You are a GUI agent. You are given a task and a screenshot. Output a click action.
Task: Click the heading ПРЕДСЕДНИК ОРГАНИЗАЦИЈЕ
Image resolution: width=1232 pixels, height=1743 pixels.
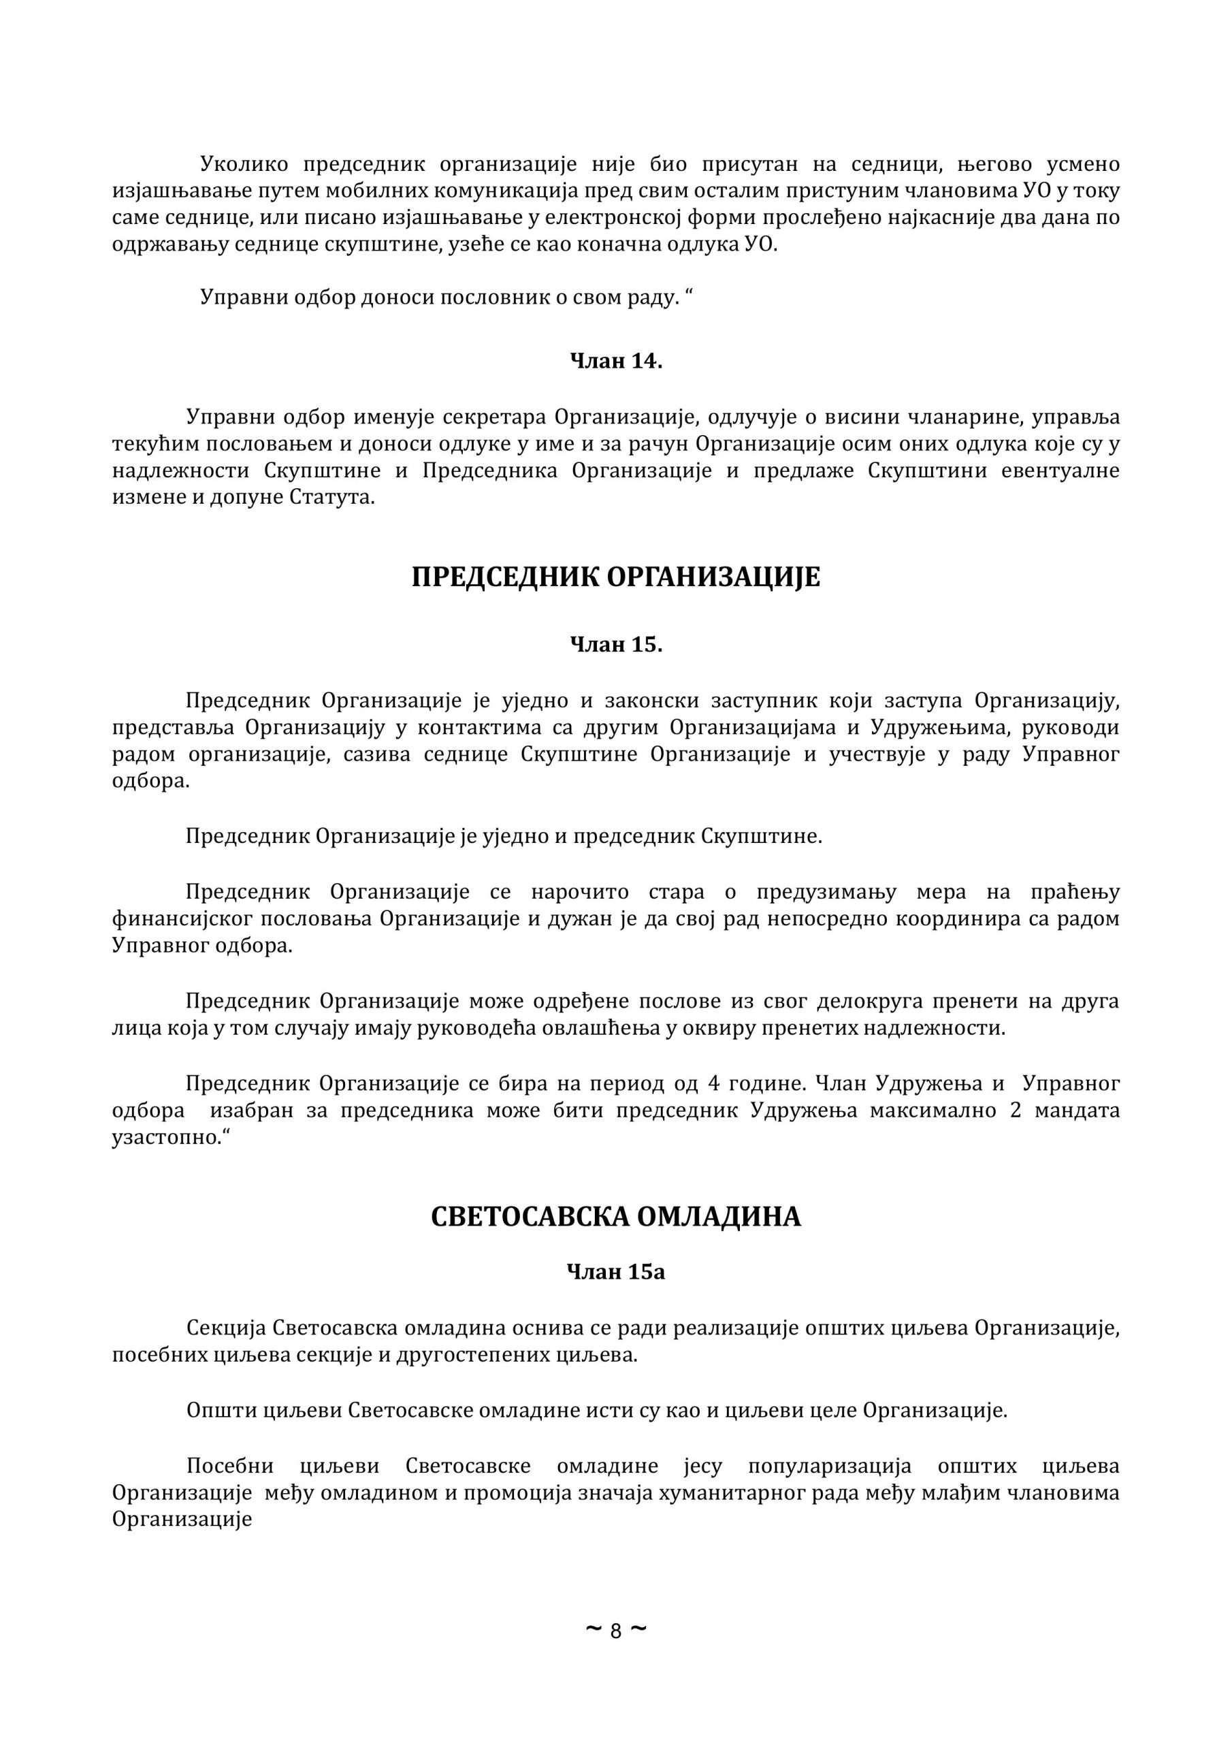pos(615,578)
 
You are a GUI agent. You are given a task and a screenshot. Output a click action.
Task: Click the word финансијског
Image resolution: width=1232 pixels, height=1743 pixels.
pos(183,918)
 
